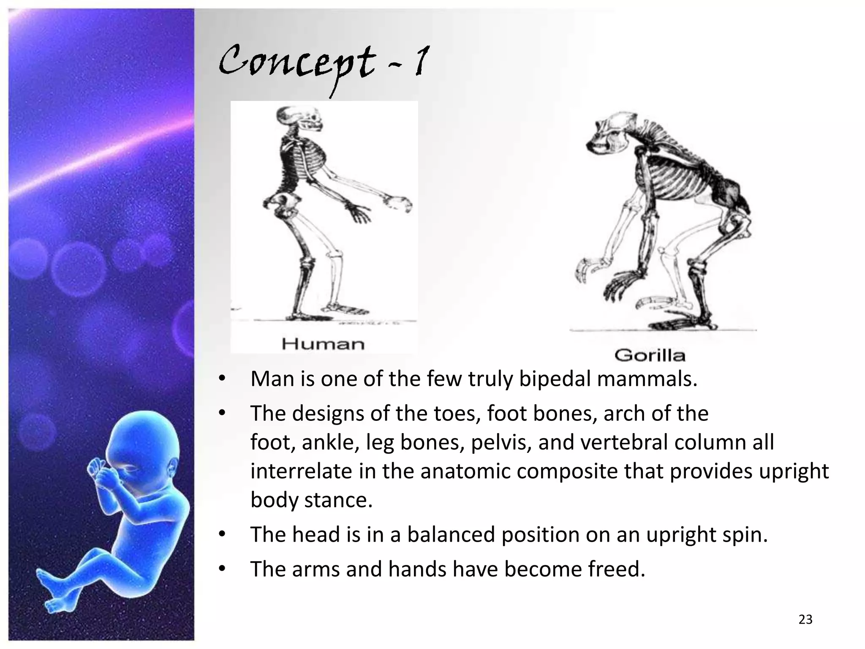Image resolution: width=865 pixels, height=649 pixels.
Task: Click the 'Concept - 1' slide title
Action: [x=324, y=63]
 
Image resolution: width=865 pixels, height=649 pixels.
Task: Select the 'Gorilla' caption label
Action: [x=650, y=355]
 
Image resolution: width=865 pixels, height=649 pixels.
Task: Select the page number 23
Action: [x=805, y=619]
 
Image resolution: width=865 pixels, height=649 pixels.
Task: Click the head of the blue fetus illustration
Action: [x=139, y=448]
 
